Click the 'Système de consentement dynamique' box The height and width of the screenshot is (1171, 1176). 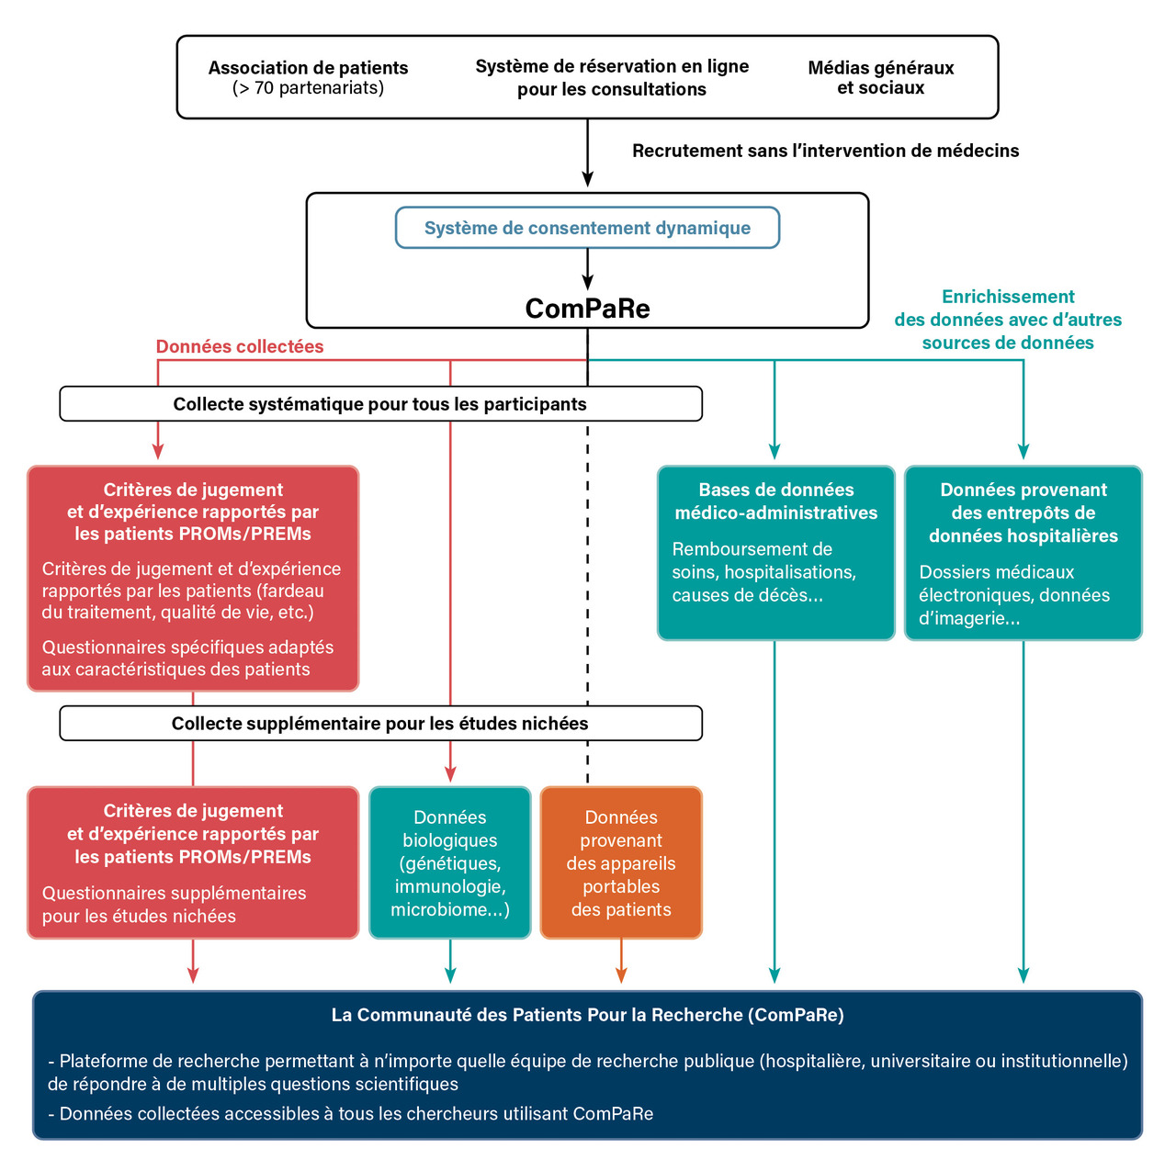click(587, 228)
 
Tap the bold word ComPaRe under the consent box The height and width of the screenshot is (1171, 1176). click(587, 309)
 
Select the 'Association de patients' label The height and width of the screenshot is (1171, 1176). click(308, 68)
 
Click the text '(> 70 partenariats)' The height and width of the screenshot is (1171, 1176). click(308, 88)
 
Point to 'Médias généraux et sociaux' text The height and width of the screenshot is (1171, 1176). click(880, 78)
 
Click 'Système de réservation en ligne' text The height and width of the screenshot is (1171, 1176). click(612, 66)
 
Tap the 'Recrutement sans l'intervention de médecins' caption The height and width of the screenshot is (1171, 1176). click(825, 151)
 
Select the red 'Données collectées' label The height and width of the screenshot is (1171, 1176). click(240, 346)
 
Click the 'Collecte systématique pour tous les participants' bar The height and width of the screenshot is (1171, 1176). click(380, 404)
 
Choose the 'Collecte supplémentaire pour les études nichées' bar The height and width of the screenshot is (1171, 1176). click(380, 724)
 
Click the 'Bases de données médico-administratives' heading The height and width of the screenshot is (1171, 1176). click(776, 501)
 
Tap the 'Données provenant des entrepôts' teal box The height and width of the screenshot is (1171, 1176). click(1023, 552)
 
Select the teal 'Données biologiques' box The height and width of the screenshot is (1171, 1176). click(450, 862)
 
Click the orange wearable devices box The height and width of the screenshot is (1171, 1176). click(621, 862)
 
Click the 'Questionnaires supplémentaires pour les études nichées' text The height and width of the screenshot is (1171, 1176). click(175, 905)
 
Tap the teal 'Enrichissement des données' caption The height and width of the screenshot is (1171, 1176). click(1008, 320)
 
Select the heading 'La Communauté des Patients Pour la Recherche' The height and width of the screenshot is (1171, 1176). click(587, 1015)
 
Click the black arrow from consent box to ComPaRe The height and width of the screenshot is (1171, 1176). click(587, 270)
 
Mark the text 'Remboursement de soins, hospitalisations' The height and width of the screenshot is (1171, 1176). click(763, 561)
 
